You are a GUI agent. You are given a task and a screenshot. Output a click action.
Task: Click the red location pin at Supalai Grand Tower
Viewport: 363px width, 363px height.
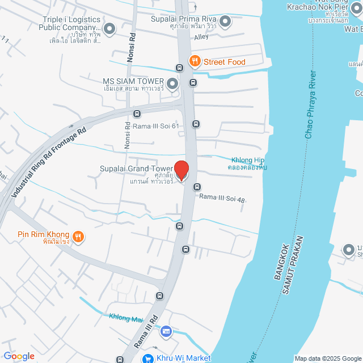pyautogui.click(x=181, y=170)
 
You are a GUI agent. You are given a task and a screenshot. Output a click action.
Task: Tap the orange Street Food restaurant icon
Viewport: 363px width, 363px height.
pyautogui.click(x=195, y=61)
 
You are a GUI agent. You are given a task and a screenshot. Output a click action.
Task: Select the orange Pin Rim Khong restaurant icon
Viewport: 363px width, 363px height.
pyautogui.click(x=78, y=235)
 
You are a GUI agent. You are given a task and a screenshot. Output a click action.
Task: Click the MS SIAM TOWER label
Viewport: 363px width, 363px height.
pyautogui.click(x=133, y=81)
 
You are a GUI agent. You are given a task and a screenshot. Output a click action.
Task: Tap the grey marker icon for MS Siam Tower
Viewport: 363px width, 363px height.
pyautogui.click(x=173, y=84)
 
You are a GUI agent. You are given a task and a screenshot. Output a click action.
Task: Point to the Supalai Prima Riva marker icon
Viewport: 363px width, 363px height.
pyautogui.click(x=225, y=22)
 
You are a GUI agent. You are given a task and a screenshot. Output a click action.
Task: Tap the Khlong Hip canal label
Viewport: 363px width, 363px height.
pyautogui.click(x=248, y=160)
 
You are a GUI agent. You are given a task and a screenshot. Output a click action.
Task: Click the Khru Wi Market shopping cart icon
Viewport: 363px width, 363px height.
pyautogui.click(x=147, y=358)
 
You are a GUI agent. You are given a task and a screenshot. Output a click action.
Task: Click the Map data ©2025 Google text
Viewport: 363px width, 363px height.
pyautogui.click(x=327, y=358)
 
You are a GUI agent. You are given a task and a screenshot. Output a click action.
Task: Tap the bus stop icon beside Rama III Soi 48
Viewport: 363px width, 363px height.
pyautogui.click(x=197, y=187)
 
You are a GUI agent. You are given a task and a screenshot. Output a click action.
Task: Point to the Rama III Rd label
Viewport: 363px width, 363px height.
pyautogui.click(x=146, y=331)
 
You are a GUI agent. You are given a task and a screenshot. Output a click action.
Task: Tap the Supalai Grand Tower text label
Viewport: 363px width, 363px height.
pyautogui.click(x=136, y=169)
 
